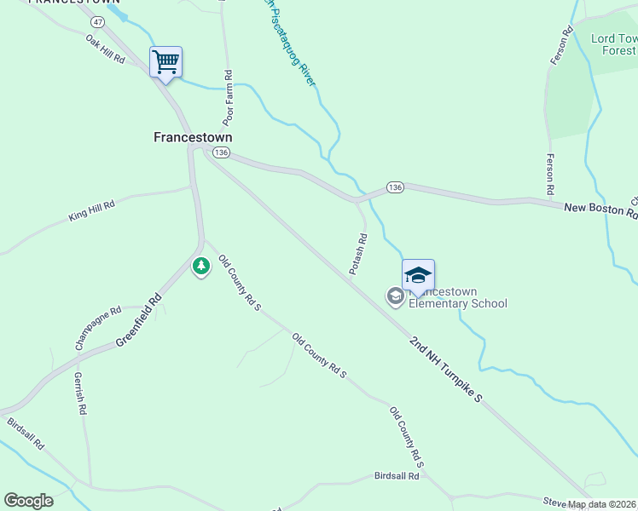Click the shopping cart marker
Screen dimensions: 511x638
[165, 61]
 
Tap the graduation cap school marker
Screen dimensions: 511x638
[418, 274]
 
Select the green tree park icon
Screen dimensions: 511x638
[200, 267]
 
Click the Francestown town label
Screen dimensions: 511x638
[192, 136]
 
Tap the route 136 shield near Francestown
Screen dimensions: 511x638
[221, 152]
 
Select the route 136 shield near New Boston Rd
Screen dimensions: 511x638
[394, 187]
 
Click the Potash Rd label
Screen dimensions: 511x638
[358, 254]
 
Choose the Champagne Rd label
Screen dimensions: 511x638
[98, 328]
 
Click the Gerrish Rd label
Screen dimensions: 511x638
[80, 393]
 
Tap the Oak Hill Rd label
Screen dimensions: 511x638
[105, 49]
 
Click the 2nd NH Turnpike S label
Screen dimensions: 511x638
[446, 369]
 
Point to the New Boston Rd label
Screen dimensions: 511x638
[600, 208]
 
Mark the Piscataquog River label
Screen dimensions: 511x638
[291, 43]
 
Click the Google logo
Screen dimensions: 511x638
[28, 501]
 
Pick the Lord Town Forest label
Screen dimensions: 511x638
[614, 44]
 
